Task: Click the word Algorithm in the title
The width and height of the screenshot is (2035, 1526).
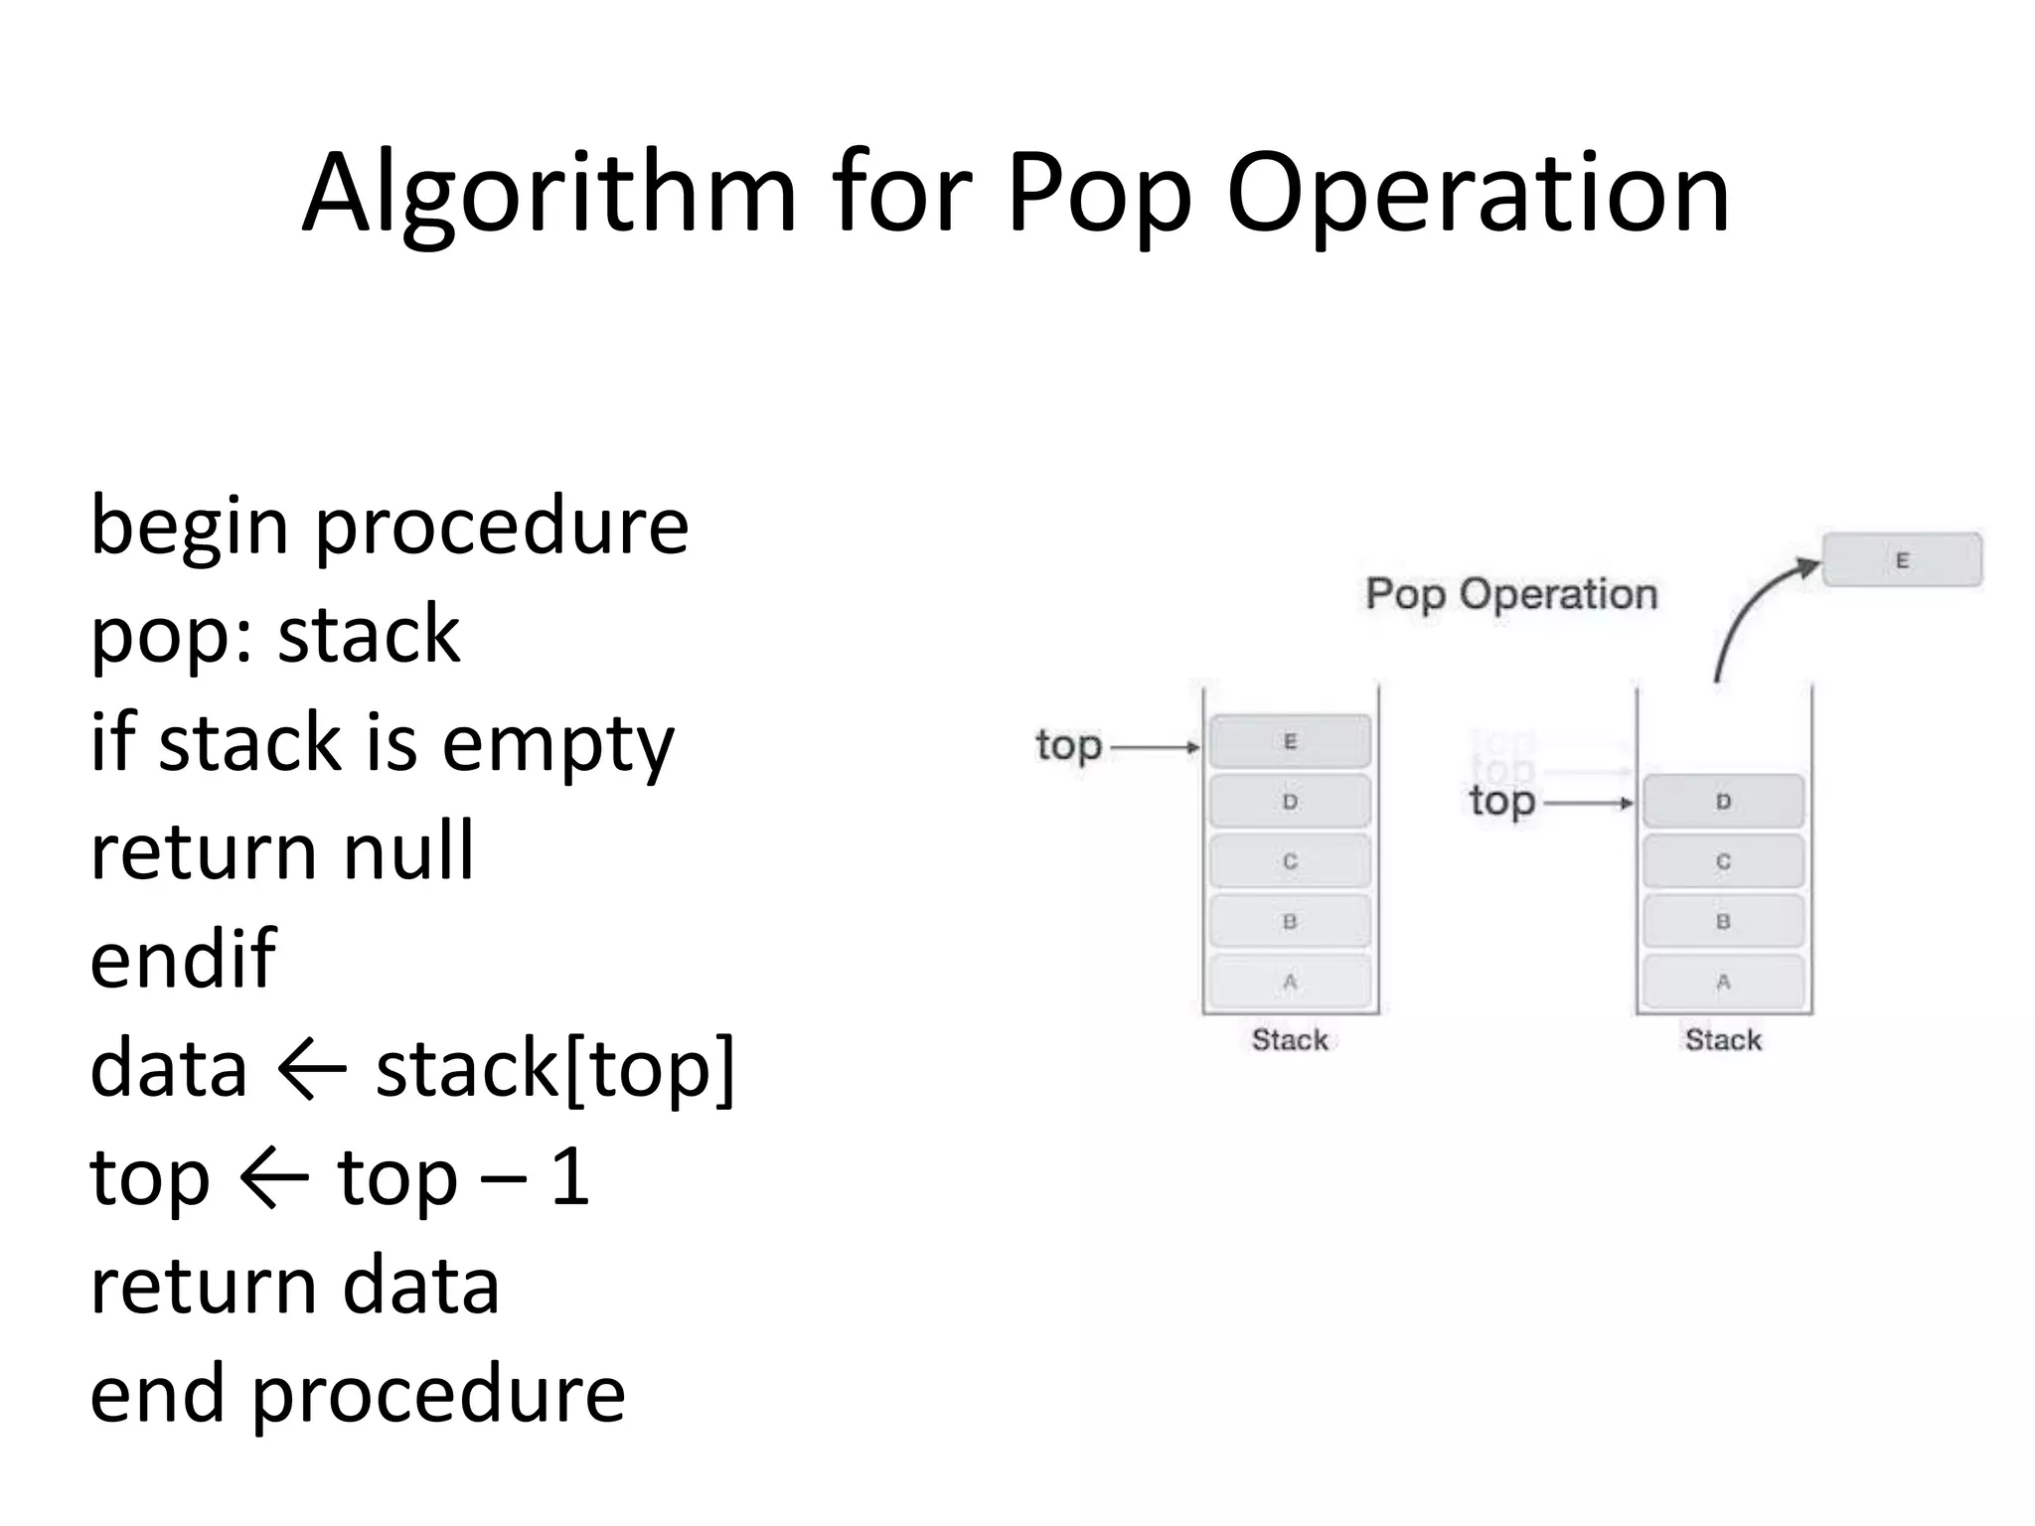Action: tap(549, 194)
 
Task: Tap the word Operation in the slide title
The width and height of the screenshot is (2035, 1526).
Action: tap(1478, 194)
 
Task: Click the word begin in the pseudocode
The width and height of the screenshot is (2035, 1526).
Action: tap(189, 528)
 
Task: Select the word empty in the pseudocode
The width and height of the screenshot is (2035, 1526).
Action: tap(557, 745)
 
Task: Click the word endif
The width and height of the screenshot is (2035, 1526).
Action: tap(183, 959)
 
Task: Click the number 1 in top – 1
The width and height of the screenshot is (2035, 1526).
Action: tap(570, 1178)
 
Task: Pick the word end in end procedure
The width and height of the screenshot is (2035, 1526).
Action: tap(157, 1394)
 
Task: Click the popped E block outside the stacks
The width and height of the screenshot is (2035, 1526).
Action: tap(1902, 560)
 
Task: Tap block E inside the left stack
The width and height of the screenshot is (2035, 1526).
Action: tap(1290, 741)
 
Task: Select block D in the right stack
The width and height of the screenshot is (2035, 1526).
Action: tap(1723, 802)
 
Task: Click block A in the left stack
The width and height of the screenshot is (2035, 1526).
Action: tap(1290, 982)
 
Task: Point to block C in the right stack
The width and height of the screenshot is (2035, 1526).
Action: tap(1723, 861)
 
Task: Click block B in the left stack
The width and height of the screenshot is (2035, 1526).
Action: tap(1290, 922)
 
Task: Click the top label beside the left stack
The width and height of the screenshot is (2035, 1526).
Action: tap(1068, 745)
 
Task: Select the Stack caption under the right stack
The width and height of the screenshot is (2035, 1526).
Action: tap(1723, 1040)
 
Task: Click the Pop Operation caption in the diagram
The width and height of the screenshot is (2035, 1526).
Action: tap(1511, 594)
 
